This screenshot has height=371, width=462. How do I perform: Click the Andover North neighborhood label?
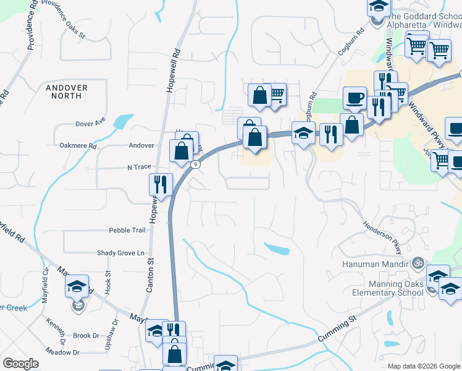[67, 92]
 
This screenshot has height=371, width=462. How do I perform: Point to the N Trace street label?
[139, 167]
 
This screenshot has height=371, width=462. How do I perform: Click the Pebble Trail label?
[127, 230]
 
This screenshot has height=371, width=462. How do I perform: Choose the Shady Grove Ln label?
[120, 253]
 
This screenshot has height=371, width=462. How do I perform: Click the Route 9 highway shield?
[195, 164]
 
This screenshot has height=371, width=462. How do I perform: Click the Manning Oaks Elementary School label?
[387, 288]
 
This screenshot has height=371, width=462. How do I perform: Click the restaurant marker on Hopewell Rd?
[161, 184]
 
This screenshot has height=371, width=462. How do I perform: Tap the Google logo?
[21, 364]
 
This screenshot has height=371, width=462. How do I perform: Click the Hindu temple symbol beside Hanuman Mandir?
[418, 262]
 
